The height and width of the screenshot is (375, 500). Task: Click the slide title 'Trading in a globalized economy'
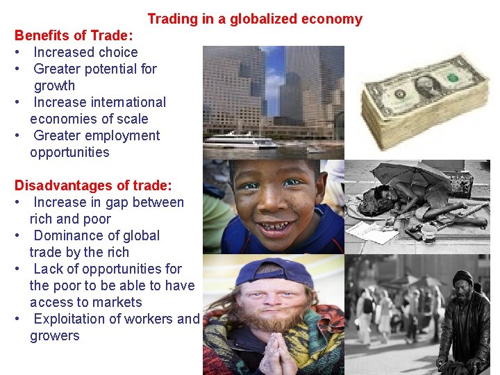point(255,19)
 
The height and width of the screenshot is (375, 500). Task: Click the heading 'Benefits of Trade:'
point(74,35)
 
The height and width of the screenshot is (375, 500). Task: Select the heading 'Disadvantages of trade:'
point(93,186)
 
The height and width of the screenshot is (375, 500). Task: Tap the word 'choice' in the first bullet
point(115,52)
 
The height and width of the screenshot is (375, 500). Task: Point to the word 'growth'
point(55,85)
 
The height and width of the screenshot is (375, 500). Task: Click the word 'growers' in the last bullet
point(55,335)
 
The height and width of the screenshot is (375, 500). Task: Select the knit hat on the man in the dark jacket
point(462,276)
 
